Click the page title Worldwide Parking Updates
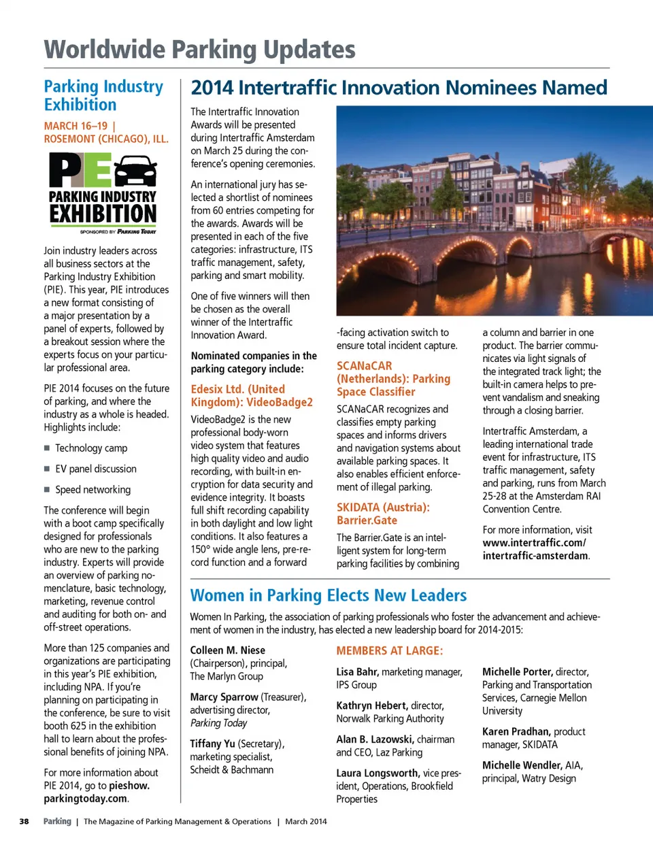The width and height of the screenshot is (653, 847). click(199, 50)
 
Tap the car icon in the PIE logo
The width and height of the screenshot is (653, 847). click(135, 171)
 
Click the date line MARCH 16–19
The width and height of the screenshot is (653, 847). click(76, 126)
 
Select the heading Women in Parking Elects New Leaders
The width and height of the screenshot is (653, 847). click(329, 595)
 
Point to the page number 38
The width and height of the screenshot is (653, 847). click(24, 821)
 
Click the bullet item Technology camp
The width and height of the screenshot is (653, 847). click(91, 448)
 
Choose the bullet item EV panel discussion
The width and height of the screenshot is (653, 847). click(96, 469)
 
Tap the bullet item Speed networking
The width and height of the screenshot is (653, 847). click(93, 490)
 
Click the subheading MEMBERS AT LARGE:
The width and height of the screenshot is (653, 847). click(389, 651)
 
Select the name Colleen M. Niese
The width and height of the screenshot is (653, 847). click(227, 650)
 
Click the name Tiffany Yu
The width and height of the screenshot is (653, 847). click(212, 744)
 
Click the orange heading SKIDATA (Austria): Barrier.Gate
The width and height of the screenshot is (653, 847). click(382, 514)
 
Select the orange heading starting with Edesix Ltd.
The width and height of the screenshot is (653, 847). click(252, 395)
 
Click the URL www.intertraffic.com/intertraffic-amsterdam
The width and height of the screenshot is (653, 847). click(535, 549)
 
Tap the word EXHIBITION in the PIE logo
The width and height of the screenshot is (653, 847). click(103, 214)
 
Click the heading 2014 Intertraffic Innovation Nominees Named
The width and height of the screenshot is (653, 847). click(399, 88)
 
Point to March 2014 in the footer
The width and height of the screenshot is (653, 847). click(305, 821)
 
